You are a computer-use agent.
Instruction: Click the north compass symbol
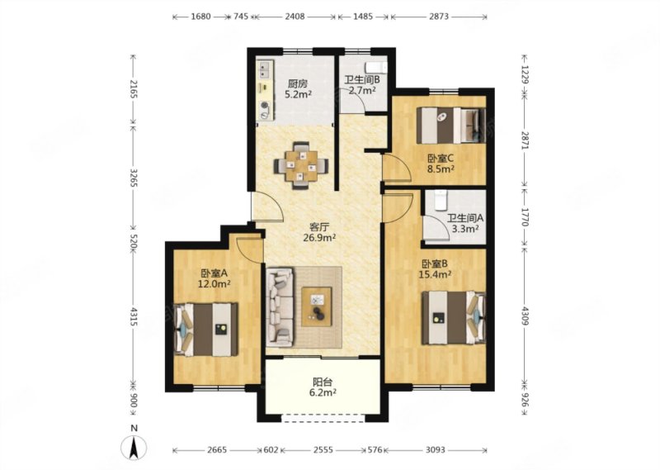click(134, 447)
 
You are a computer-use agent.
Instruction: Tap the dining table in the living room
click(301, 166)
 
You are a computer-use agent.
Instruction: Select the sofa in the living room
click(280, 308)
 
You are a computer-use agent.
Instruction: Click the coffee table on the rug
click(317, 306)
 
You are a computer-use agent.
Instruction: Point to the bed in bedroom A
click(206, 330)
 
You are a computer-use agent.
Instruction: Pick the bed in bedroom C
click(450, 126)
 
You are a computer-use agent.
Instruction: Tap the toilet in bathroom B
click(376, 67)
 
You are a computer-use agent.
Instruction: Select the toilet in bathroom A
click(441, 200)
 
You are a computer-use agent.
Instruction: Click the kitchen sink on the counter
click(265, 70)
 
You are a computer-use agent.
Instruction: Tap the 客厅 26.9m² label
click(319, 232)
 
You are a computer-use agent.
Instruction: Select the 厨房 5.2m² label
click(298, 89)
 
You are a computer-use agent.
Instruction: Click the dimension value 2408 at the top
click(295, 17)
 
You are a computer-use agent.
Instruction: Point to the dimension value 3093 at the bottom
click(436, 450)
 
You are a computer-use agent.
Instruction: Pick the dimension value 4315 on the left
click(134, 316)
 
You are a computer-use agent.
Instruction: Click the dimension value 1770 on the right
click(525, 216)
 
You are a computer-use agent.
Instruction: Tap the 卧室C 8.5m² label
click(441, 164)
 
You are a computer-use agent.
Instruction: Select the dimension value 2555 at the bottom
click(323, 450)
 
